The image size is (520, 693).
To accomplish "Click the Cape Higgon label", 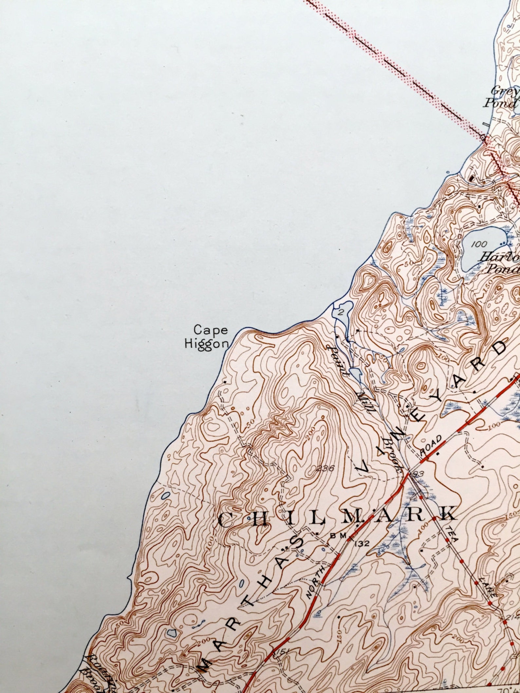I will click(206, 337).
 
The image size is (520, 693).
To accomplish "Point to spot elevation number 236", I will click(325, 468).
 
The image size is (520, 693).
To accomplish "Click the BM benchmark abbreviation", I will click(337, 536).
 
